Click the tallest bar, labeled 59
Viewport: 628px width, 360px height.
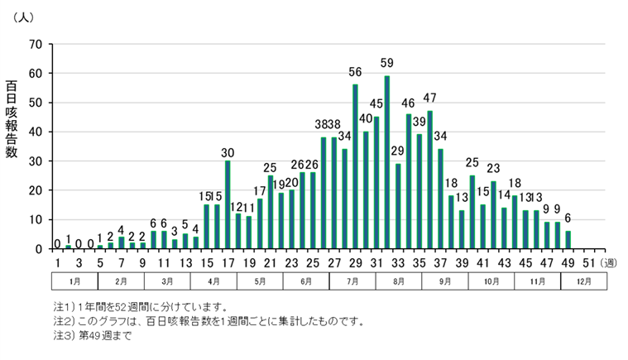pyautogui.click(x=387, y=162)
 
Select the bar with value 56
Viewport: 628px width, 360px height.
pyautogui.click(x=355, y=166)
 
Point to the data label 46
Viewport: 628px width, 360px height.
pyautogui.click(x=409, y=103)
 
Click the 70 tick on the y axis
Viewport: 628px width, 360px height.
pyautogui.click(x=36, y=44)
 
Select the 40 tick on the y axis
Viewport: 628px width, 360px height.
pyautogui.click(x=36, y=132)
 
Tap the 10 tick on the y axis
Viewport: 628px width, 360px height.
pyautogui.click(x=36, y=219)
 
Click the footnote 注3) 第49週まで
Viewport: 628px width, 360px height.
pyautogui.click(x=92, y=336)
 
